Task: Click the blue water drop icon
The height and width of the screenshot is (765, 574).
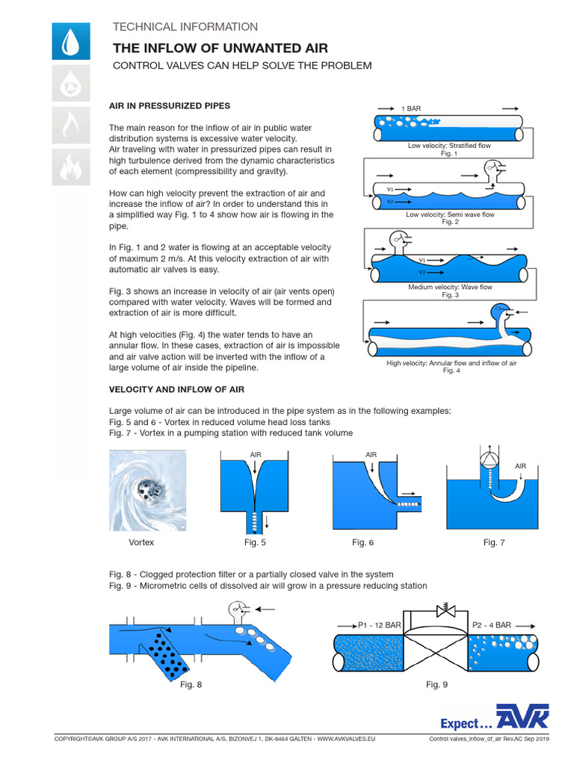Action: [x=71, y=41]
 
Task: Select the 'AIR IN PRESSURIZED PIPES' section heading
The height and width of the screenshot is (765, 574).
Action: [x=170, y=106]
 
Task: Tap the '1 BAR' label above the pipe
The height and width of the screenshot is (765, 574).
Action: [x=411, y=108]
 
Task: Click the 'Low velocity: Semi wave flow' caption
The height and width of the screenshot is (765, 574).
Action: [x=450, y=214]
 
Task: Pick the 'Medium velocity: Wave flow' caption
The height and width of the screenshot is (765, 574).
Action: [x=450, y=287]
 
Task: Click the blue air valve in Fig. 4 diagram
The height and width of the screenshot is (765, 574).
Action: [x=499, y=311]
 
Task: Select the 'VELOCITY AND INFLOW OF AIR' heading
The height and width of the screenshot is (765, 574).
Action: [x=176, y=390]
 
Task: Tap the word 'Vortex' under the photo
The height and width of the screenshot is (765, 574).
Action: [x=141, y=542]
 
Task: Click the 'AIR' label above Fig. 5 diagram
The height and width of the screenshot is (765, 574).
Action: [x=255, y=454]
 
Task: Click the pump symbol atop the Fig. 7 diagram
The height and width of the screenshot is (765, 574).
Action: [x=487, y=459]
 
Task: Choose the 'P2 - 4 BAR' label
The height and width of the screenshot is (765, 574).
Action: [x=491, y=625]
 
